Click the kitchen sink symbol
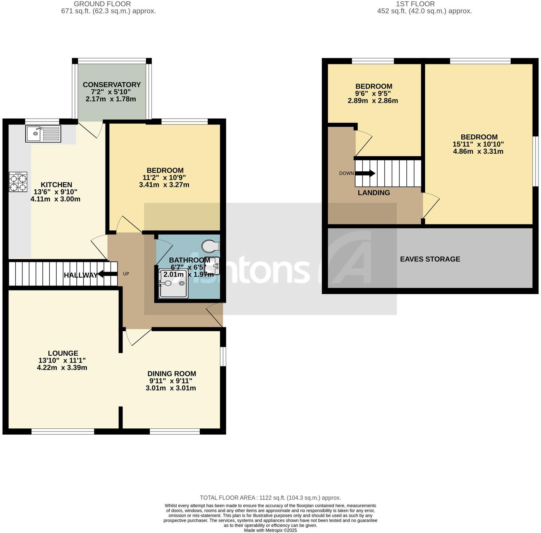(43, 134)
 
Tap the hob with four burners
(18, 182)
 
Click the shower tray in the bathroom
(173, 284)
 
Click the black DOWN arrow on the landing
(365, 173)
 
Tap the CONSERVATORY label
(112, 85)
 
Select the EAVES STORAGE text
(430, 259)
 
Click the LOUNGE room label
(63, 353)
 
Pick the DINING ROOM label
(172, 374)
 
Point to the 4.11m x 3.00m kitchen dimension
(55, 199)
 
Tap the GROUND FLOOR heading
(102, 4)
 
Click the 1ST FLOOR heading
(415, 4)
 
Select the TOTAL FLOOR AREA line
(270, 498)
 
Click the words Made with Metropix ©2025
(270, 530)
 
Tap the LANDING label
(374, 193)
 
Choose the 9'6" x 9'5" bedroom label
(374, 86)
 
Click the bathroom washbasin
(212, 265)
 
